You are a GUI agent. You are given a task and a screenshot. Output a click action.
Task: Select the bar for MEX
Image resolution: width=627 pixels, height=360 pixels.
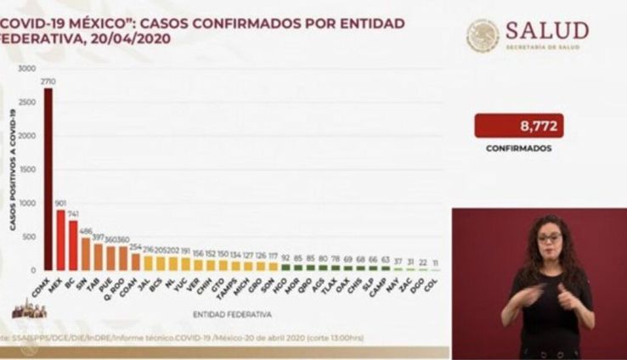[61, 239]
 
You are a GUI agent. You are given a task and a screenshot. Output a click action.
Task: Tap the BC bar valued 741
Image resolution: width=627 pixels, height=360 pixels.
[73, 245]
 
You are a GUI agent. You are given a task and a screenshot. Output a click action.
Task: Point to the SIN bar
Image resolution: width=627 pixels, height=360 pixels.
[86, 254]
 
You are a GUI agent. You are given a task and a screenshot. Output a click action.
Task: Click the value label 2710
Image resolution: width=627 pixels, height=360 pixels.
[48, 82]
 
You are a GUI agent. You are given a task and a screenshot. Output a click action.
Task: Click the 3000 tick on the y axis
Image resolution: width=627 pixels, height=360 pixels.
[26, 68]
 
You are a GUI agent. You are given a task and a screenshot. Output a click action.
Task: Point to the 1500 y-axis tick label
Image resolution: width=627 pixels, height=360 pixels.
[26, 169]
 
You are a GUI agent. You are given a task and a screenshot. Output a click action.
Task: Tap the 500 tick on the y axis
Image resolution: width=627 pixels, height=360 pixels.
[29, 236]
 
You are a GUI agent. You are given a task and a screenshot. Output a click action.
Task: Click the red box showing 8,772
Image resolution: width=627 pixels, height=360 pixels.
[518, 126]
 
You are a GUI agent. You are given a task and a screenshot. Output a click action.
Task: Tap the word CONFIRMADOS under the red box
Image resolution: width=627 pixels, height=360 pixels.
[518, 148]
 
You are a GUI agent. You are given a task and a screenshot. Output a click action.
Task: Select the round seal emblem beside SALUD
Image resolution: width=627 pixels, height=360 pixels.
[483, 36]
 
